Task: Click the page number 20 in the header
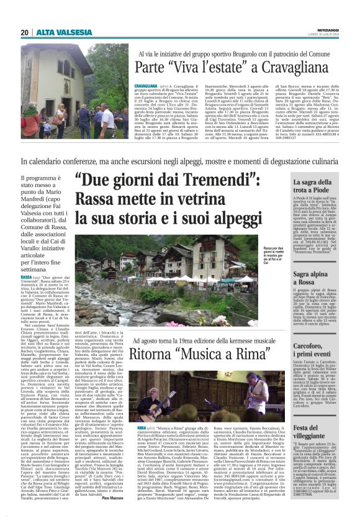25,32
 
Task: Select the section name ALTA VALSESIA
55,32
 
